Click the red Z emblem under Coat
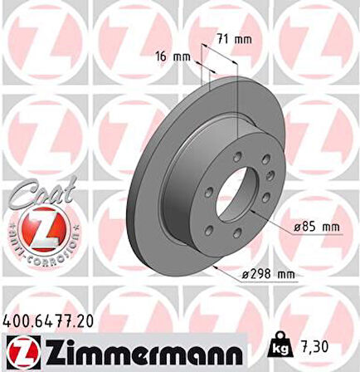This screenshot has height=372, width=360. (x=36, y=237)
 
